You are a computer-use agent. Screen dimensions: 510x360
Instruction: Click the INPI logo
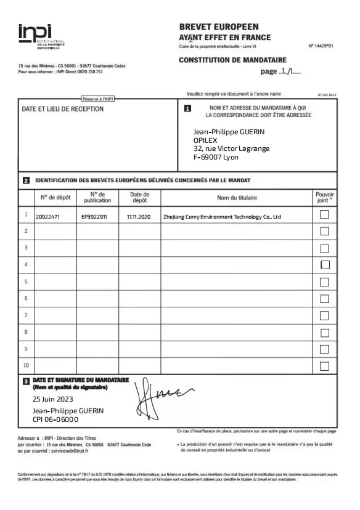[35, 34]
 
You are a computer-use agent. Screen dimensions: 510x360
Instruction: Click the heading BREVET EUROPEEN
[218, 27]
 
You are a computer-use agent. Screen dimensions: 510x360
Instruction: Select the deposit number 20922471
[47, 217]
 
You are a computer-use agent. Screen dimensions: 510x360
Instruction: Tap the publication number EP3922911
[94, 217]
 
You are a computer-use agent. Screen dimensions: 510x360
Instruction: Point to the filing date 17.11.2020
[139, 217]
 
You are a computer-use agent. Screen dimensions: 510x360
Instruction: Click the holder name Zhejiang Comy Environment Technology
[221, 217]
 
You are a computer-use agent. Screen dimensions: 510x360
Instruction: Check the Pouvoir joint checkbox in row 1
[325, 214]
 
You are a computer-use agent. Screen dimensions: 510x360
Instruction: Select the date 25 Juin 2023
[56, 399]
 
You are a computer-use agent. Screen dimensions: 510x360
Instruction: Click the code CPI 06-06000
[55, 419]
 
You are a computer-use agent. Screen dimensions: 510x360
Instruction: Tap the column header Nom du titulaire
[237, 198]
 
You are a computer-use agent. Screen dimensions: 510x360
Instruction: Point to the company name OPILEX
[205, 140]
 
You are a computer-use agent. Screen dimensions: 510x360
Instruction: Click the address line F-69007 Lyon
[216, 157]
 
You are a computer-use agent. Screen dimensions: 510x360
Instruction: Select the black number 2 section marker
[26, 181]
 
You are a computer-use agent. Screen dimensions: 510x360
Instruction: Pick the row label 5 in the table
[26, 281]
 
